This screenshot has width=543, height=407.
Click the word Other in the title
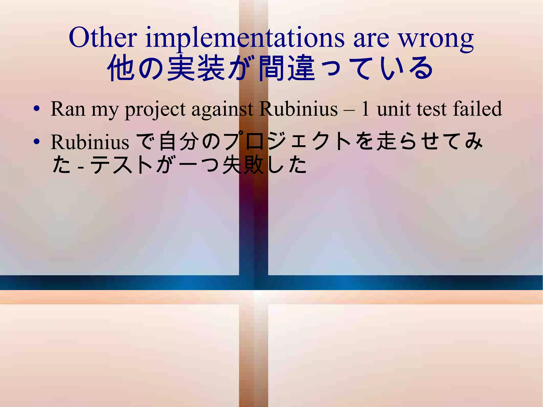(103, 38)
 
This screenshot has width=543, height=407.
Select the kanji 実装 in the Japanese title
(196, 68)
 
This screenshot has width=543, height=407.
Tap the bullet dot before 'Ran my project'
(37, 109)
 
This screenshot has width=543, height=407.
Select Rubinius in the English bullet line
(299, 109)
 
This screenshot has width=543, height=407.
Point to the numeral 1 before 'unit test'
(365, 109)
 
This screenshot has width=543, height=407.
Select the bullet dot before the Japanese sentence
(37, 142)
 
